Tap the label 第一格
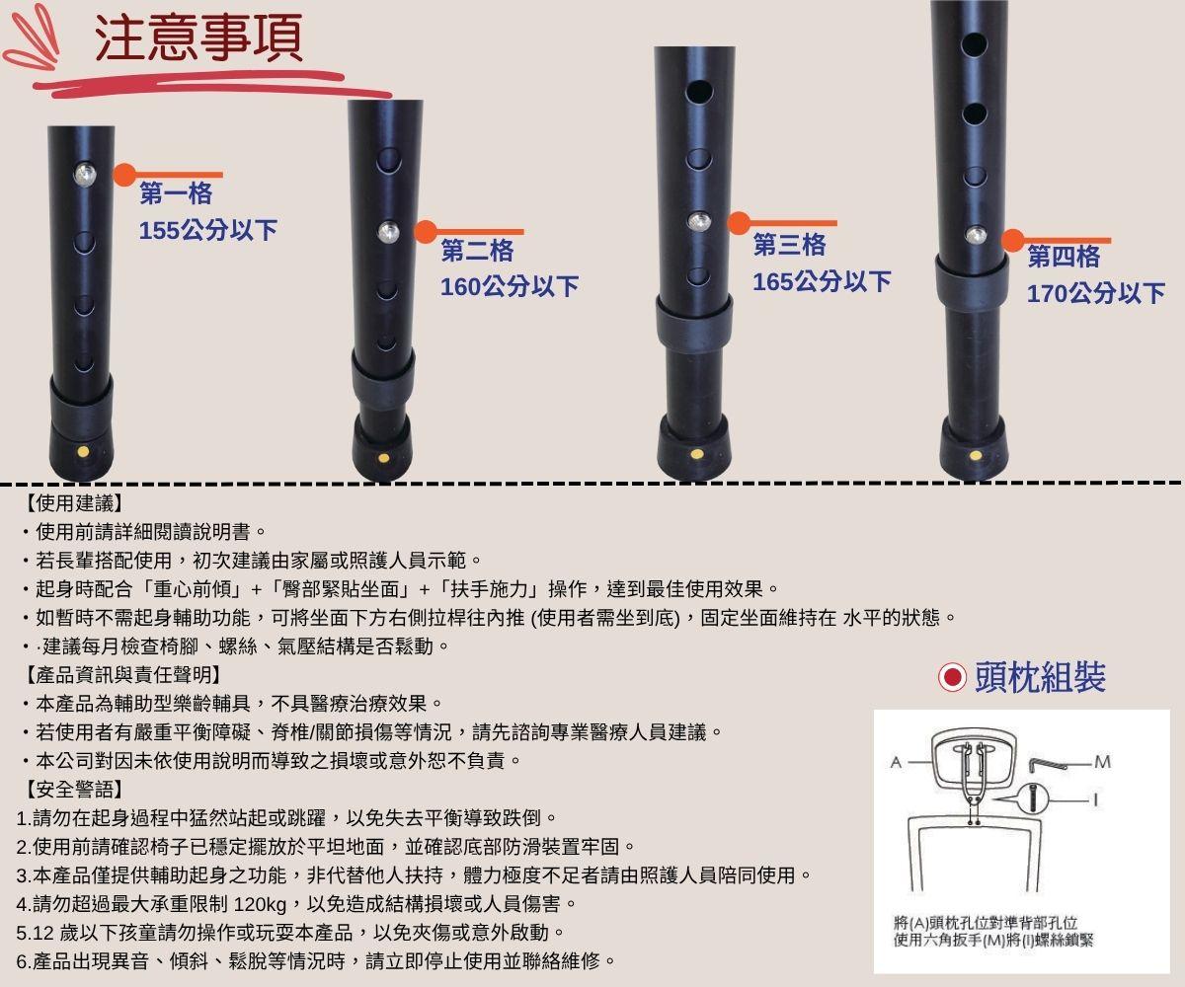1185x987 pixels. click(x=176, y=193)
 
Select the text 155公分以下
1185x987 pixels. click(x=207, y=231)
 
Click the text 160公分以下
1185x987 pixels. click(x=509, y=287)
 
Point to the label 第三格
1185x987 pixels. click(x=789, y=245)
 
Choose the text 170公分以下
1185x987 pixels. click(x=1095, y=293)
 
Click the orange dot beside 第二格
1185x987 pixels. click(x=426, y=232)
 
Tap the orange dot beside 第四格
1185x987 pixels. click(x=1013, y=240)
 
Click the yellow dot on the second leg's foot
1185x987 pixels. click(x=383, y=458)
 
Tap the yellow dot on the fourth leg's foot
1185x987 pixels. click(x=976, y=455)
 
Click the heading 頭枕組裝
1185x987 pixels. click(x=1039, y=677)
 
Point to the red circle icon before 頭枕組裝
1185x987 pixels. click(x=952, y=677)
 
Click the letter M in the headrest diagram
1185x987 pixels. click(x=1102, y=762)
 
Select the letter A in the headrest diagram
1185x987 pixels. click(x=895, y=762)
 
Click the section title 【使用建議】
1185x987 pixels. click(x=71, y=503)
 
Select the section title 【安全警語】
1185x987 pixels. click(x=71, y=790)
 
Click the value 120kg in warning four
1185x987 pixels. click(x=261, y=904)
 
